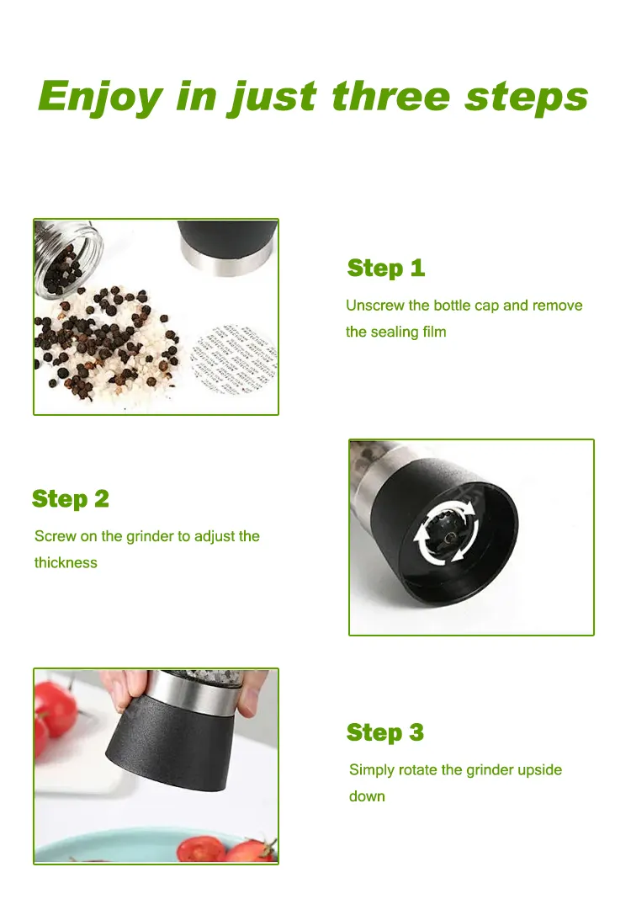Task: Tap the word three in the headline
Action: (x=391, y=95)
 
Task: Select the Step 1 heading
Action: (x=385, y=268)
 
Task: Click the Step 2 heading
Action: (x=71, y=499)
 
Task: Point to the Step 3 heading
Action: (x=385, y=732)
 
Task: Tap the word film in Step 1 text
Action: (x=434, y=332)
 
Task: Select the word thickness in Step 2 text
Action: (x=66, y=562)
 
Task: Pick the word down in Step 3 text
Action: (x=367, y=796)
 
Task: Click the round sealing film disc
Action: (x=233, y=359)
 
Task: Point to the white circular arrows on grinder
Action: (x=447, y=531)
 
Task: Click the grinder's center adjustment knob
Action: (x=450, y=535)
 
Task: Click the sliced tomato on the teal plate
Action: (x=201, y=849)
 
